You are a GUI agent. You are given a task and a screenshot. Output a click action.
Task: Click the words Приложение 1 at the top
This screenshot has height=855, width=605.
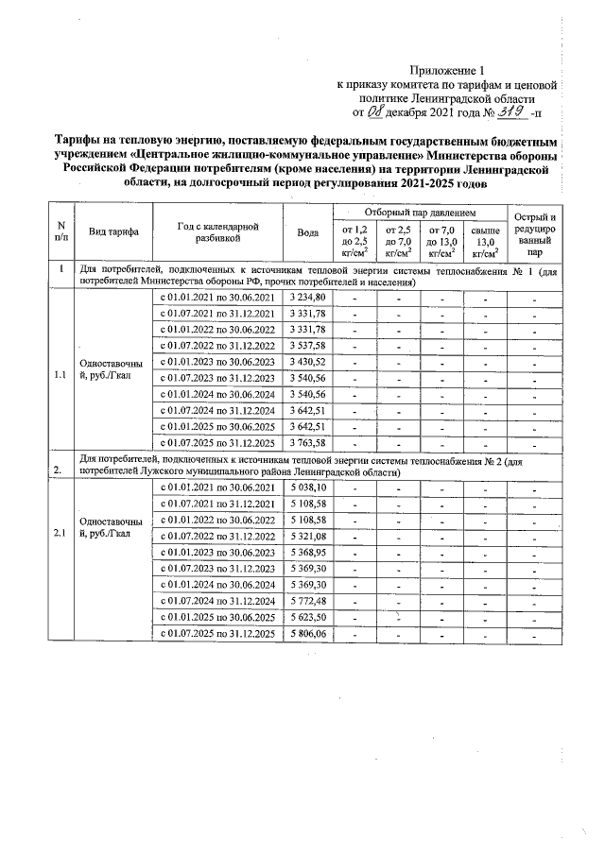[x=449, y=70]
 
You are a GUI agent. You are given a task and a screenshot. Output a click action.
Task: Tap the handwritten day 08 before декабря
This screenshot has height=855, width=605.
[x=376, y=111]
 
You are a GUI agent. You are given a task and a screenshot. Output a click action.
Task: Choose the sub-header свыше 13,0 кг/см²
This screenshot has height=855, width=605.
[x=485, y=241]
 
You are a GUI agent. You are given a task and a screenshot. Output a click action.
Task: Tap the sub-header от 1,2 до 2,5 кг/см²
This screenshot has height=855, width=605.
[x=354, y=241]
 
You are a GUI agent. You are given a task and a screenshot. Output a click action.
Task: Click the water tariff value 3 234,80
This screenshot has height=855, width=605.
[x=307, y=298]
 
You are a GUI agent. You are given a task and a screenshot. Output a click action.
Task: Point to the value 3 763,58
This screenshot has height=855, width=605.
[x=307, y=442]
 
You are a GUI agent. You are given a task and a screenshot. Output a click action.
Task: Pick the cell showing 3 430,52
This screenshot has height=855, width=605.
[x=307, y=362]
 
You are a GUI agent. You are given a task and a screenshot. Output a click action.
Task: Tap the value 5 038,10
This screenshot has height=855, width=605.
[x=307, y=487]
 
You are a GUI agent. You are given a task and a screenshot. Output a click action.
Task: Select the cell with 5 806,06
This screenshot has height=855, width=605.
[x=307, y=633]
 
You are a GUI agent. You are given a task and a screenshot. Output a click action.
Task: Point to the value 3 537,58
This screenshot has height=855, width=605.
[x=307, y=346]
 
